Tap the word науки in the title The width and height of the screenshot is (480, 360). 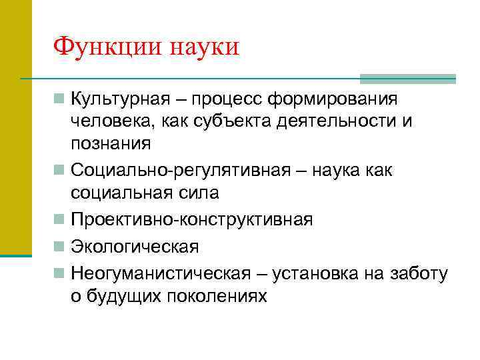click(204, 47)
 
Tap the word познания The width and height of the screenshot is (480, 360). click(111, 143)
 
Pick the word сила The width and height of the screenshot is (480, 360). click(197, 193)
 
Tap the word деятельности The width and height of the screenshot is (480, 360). click(335, 121)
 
